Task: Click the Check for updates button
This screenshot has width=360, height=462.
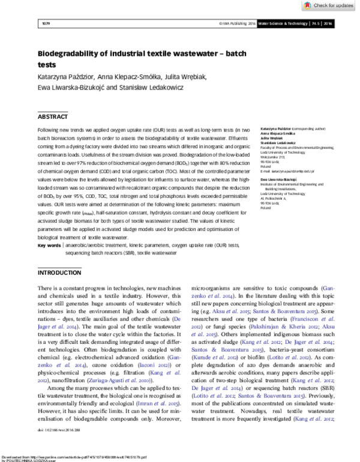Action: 329,5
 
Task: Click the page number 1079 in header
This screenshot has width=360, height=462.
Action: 46,23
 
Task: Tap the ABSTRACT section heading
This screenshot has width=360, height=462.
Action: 53,116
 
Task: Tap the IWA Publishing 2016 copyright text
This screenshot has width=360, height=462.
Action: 238,23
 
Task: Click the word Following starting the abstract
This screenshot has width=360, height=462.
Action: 49,130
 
